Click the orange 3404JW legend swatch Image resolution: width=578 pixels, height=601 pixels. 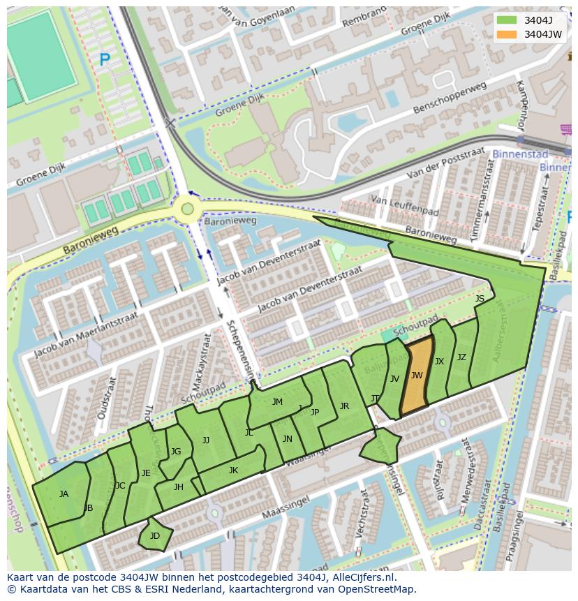point(507,34)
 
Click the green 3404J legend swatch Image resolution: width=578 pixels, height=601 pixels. point(507,20)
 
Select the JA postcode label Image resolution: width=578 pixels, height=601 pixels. point(64,494)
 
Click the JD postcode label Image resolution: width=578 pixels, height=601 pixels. point(155,536)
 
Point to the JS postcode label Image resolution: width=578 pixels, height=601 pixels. point(480,299)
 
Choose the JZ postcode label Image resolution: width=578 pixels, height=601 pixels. point(461,357)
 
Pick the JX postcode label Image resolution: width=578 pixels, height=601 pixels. point(439,362)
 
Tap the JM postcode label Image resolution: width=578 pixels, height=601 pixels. point(277,401)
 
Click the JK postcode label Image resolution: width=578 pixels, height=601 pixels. point(233,470)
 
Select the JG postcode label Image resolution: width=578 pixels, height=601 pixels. point(176,452)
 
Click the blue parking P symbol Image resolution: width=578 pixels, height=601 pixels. point(105,61)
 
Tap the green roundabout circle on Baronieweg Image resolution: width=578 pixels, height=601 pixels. point(186,208)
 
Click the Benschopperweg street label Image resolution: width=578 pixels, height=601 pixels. point(449,98)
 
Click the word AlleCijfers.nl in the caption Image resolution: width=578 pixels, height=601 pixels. point(362,577)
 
